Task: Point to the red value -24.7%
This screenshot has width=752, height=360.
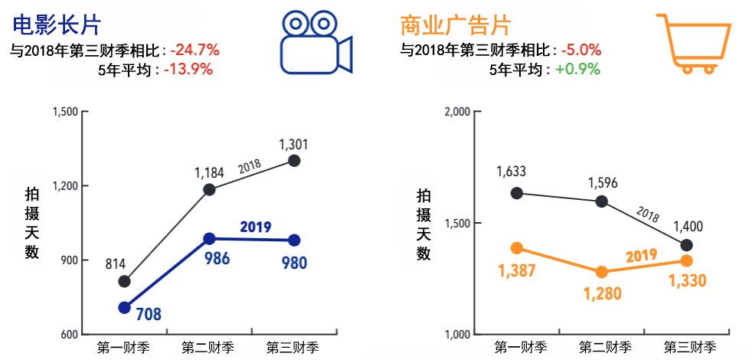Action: pyautogui.click(x=195, y=51)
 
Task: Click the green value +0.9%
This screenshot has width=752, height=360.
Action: pyautogui.click(x=577, y=69)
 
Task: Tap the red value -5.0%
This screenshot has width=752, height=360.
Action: pyautogui.click(x=580, y=51)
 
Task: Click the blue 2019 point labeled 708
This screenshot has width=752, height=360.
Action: pyautogui.click(x=125, y=308)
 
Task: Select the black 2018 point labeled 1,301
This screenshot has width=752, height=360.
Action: pyautogui.click(x=293, y=161)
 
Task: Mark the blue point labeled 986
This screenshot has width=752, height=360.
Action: pyautogui.click(x=209, y=239)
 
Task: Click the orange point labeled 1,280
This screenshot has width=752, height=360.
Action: pyautogui.click(x=602, y=272)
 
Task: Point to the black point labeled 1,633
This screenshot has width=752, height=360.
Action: pyautogui.click(x=517, y=193)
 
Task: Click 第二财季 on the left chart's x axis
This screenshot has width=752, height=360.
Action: pyautogui.click(x=208, y=348)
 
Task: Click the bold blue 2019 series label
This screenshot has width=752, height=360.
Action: pyautogui.click(x=256, y=227)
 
